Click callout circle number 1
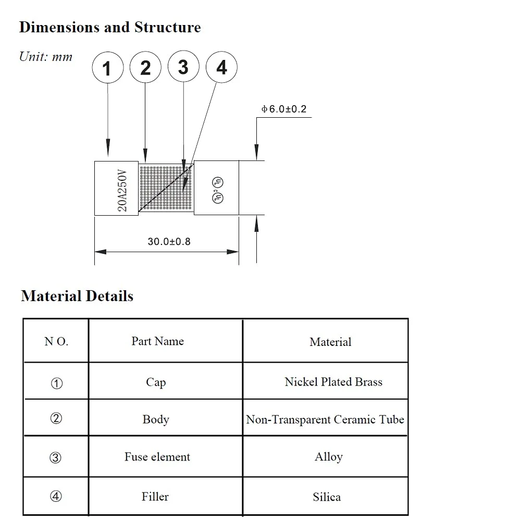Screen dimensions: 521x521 pos(107,68)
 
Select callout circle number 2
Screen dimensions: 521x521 pos(145,68)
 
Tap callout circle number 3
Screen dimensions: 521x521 pos(183,67)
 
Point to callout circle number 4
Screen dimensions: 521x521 pos(221,68)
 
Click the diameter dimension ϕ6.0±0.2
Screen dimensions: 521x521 pos(284,109)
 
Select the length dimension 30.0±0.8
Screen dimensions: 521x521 pos(169,242)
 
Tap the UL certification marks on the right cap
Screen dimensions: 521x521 pos(217,190)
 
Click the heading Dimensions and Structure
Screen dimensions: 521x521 pos(110,27)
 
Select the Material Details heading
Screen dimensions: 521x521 pos(77,296)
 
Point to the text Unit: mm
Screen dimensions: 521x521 pos(46,57)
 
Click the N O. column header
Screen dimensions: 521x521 pos(56,342)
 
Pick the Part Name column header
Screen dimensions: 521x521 pos(157,341)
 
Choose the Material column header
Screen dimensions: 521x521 pos(330,342)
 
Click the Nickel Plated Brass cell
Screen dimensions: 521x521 pos(333,382)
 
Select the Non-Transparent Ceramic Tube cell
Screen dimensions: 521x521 pos(325,419)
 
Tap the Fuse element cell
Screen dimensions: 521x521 pos(157,457)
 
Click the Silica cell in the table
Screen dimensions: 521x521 pos(327,497)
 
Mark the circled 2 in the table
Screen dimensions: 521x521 pos(56,419)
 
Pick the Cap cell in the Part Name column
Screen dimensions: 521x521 pos(156,382)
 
